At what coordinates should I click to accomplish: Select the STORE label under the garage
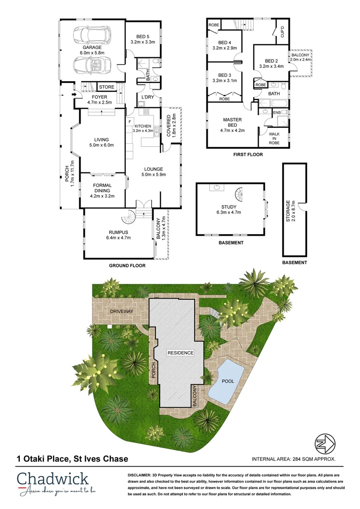coord(106,87)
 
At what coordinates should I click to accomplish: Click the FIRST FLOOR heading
coord(248,155)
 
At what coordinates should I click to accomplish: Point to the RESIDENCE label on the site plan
coord(180,353)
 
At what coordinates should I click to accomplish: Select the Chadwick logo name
coord(53,480)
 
